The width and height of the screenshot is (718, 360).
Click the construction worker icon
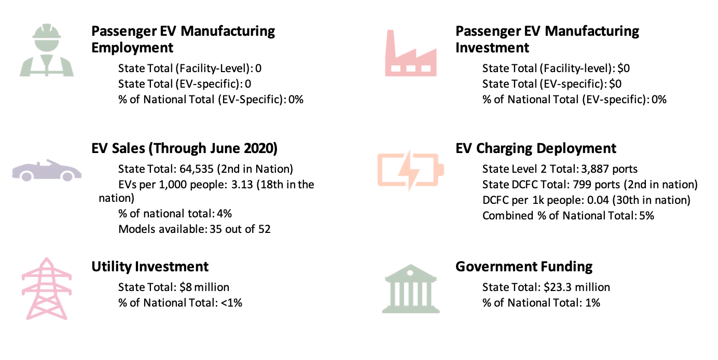47,50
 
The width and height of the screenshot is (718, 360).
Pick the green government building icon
410,289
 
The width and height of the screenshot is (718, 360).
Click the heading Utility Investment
150,267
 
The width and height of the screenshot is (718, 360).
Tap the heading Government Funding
524,267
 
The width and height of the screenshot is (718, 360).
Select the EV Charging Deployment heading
536,148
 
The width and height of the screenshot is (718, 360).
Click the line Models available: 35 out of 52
195,229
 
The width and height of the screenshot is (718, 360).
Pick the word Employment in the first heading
132,48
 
